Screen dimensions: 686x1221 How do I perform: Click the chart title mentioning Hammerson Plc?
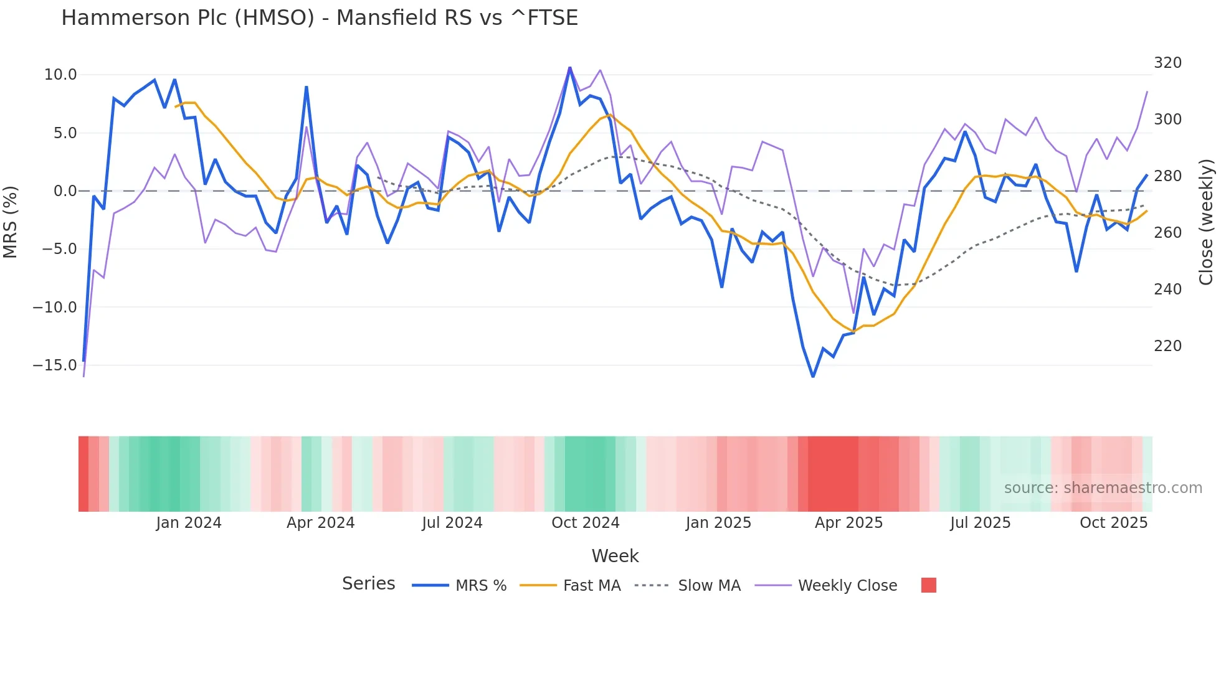(320, 18)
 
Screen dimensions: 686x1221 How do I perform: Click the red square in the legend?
(928, 585)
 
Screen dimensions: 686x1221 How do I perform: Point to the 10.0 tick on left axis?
(60, 75)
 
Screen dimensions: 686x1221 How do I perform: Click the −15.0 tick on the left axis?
(55, 365)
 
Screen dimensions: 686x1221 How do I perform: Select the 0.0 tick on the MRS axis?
(65, 191)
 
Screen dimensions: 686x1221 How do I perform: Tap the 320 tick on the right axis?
(1167, 63)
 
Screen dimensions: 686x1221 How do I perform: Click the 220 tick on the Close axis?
(1167, 346)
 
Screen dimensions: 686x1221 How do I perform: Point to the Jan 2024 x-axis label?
(189, 523)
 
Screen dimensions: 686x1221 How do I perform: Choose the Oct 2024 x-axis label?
(586, 523)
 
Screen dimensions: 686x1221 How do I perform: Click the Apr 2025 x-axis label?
(848, 523)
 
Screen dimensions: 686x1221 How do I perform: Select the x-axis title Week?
(615, 556)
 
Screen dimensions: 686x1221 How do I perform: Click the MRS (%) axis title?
(11, 222)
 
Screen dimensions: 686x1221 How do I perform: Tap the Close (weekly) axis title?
(1206, 222)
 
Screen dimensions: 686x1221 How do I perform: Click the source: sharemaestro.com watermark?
(1103, 488)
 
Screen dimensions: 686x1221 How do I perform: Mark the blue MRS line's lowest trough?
(813, 376)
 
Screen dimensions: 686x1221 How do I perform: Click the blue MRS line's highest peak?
(569, 68)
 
